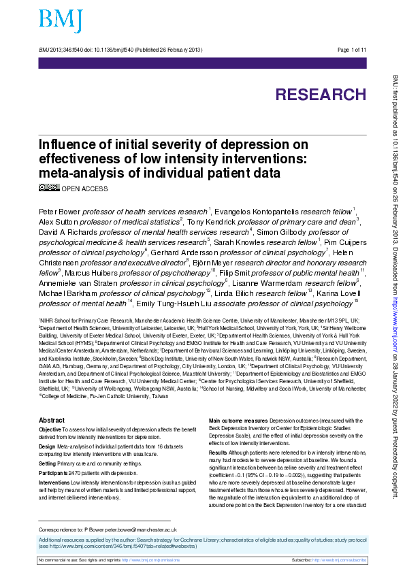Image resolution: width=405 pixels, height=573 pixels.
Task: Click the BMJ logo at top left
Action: tap(61, 21)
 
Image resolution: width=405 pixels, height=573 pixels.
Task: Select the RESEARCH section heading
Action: tap(321, 95)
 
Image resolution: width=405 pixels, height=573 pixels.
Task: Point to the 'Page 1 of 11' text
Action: tap(351, 50)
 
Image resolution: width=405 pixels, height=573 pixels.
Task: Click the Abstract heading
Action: tap(52, 402)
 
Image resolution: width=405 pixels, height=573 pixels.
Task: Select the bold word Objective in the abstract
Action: tap(50, 412)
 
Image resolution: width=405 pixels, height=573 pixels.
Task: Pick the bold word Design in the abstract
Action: tap(48, 427)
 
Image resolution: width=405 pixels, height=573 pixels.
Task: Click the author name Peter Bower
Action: tap(59, 211)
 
